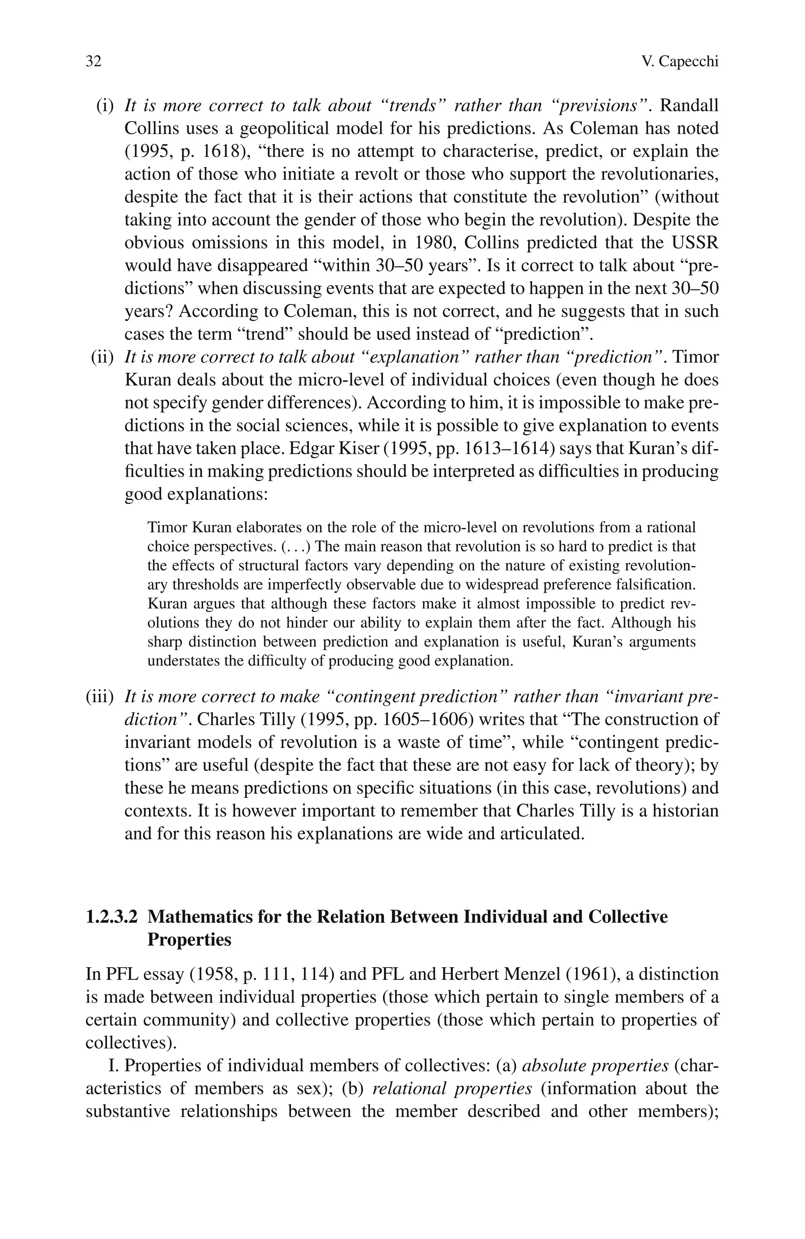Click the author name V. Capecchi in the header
click(x=680, y=61)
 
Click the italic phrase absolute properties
click(x=595, y=1066)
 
